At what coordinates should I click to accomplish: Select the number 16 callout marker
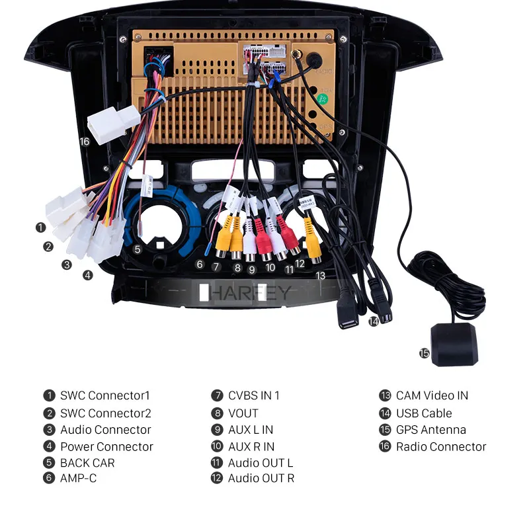pyautogui.click(x=84, y=142)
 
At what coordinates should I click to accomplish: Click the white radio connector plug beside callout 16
pyautogui.click(x=114, y=124)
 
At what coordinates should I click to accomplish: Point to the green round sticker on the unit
pyautogui.click(x=323, y=99)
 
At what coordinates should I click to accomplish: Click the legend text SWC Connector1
pyautogui.click(x=105, y=395)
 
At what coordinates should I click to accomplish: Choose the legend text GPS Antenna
pyautogui.click(x=431, y=430)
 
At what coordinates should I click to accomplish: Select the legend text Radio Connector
pyautogui.click(x=441, y=446)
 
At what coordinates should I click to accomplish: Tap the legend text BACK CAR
pyautogui.click(x=87, y=463)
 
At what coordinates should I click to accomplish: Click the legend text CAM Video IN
pyautogui.click(x=432, y=395)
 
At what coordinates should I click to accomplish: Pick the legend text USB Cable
pyautogui.click(x=424, y=413)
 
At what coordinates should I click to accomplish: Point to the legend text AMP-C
pyautogui.click(x=78, y=477)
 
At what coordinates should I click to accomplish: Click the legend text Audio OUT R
pyautogui.click(x=261, y=477)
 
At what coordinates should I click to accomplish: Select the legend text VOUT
pyautogui.click(x=243, y=413)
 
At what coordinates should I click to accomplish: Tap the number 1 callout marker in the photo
pyautogui.click(x=41, y=227)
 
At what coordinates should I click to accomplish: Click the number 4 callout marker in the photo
pyautogui.click(x=88, y=275)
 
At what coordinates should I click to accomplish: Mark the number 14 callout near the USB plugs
pyautogui.click(x=374, y=321)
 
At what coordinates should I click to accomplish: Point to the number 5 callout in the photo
pyautogui.click(x=138, y=249)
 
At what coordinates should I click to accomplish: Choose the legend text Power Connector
pyautogui.click(x=106, y=446)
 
